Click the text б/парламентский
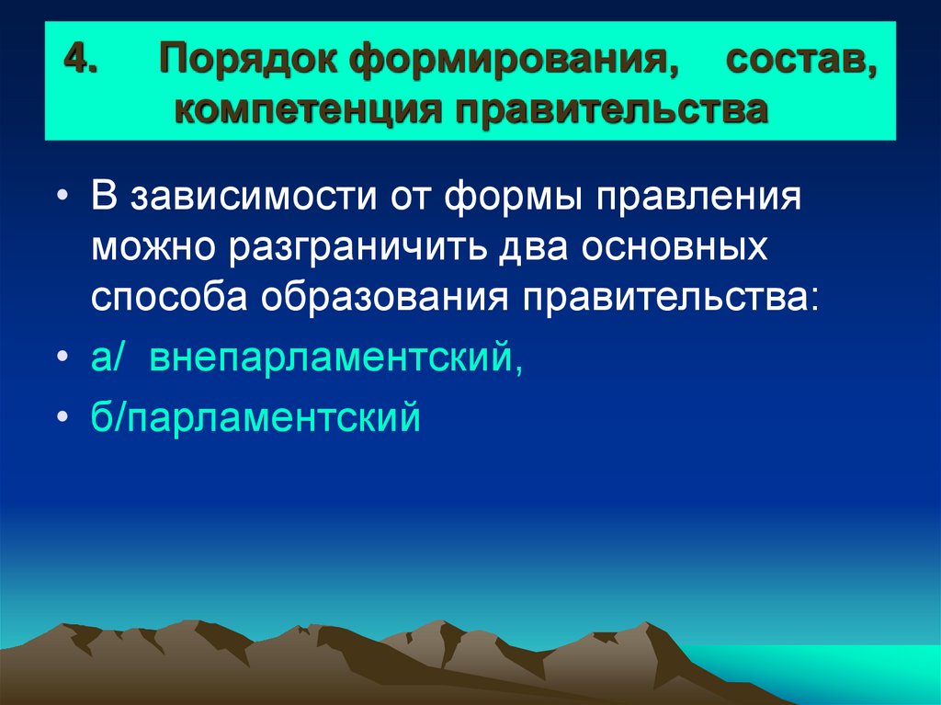pyautogui.click(x=255, y=416)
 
